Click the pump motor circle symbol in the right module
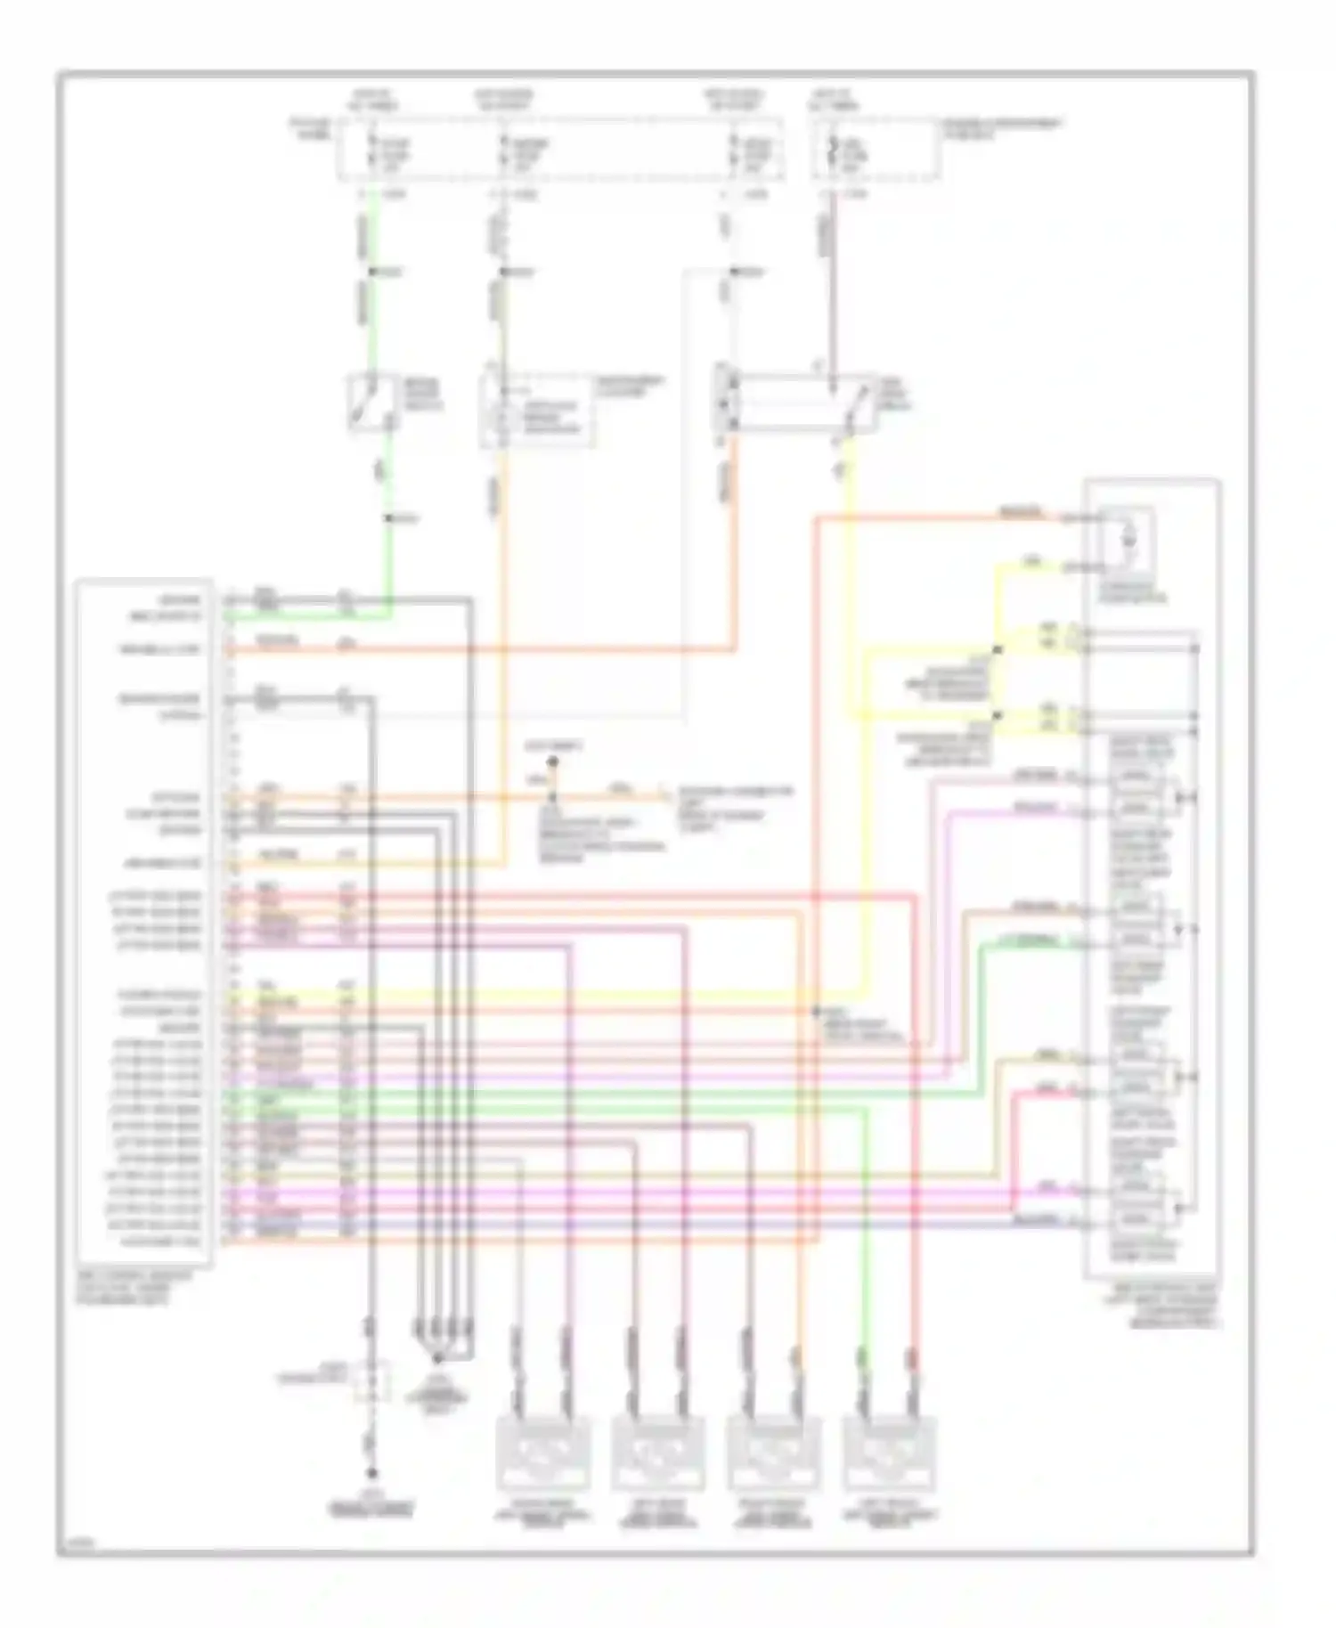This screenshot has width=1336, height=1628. coord(1128,537)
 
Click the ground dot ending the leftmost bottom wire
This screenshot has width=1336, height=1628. coord(372,1498)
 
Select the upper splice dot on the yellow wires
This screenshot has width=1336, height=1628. coord(998,650)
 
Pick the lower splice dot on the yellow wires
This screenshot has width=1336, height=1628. coord(998,715)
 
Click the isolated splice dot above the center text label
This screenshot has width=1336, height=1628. coord(552,762)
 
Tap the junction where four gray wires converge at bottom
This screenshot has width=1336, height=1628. coord(437,1359)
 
